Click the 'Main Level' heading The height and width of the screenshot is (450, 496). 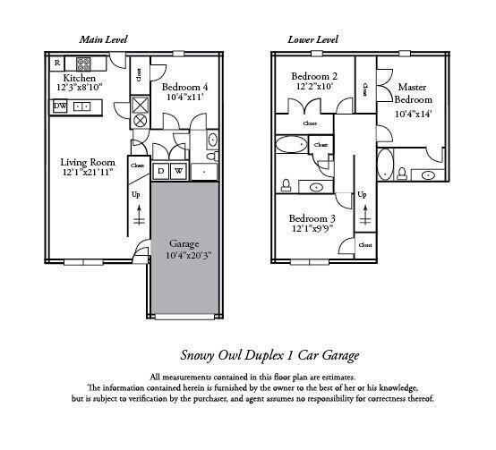pos(102,40)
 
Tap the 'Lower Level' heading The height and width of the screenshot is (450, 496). pos(312,40)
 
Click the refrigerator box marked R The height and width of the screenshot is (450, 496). pos(57,63)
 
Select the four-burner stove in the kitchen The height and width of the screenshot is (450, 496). pos(83,64)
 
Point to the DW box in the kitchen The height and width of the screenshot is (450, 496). pos(59,106)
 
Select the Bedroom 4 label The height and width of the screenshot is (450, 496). pos(184,87)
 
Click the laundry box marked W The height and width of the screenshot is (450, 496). pos(178,170)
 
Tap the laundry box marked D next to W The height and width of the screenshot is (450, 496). pos(160,170)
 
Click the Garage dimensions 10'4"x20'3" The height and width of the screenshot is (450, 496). pos(184,257)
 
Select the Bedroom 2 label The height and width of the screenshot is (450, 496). pos(315,77)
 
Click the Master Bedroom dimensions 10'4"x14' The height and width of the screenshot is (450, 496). pos(413,114)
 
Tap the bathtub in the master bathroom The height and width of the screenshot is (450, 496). pos(386,166)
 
